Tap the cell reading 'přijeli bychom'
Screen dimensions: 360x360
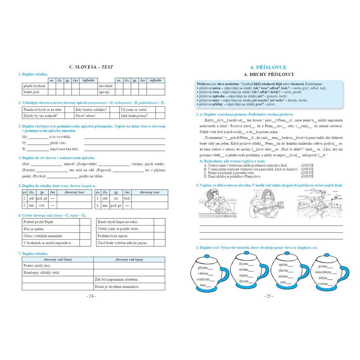[34, 86]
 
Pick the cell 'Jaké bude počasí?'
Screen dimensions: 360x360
[134, 116]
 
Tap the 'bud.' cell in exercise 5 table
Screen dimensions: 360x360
[127, 198]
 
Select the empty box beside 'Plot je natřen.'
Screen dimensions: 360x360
[85, 228]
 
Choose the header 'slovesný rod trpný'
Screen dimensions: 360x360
[129, 260]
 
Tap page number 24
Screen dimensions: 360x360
[91, 296]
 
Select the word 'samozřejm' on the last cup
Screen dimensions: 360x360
[323, 272]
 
